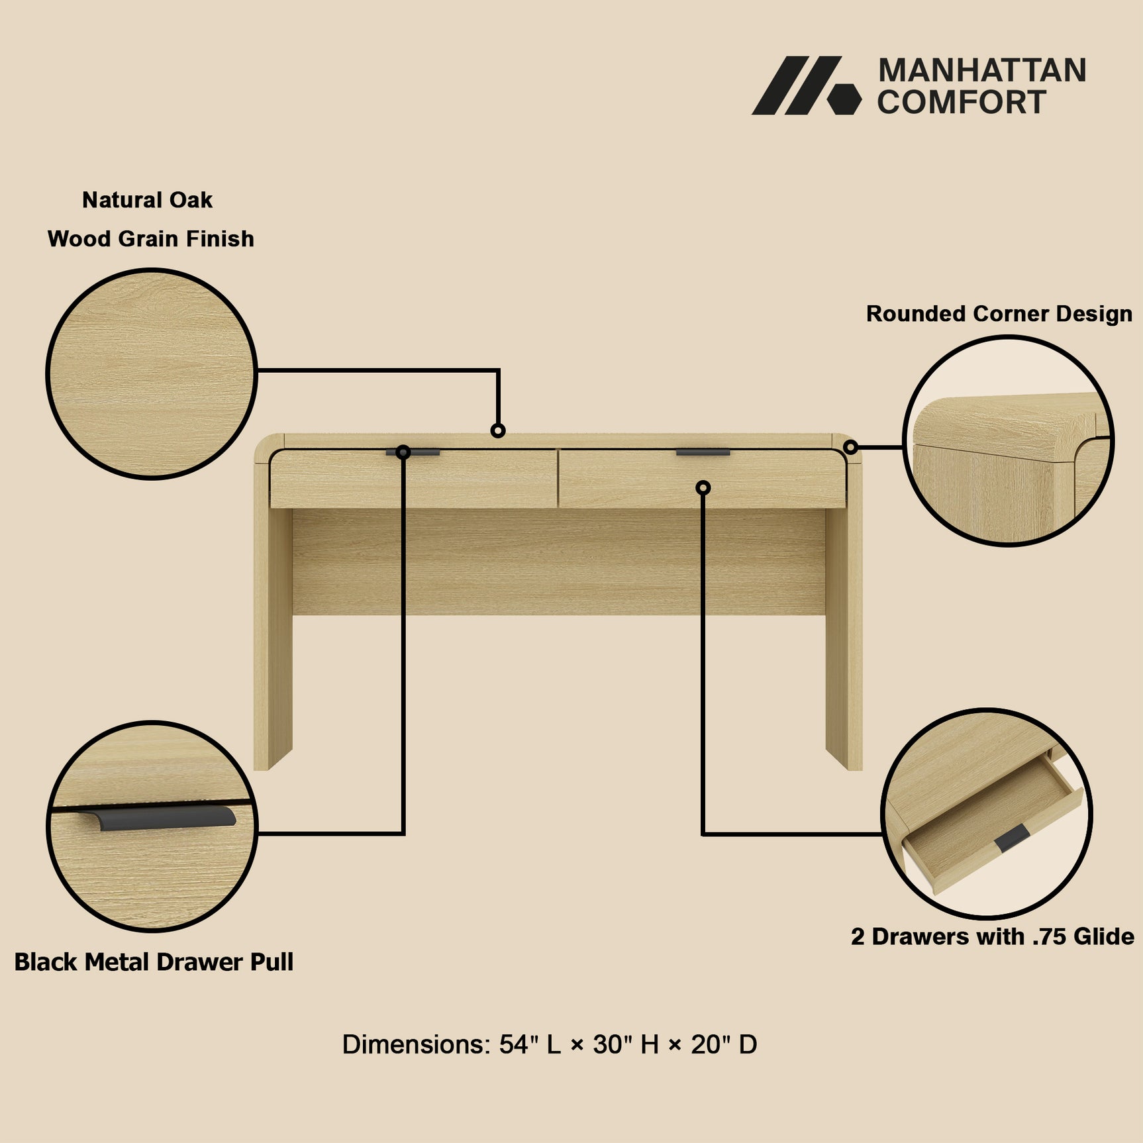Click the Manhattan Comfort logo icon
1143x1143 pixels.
click(806, 85)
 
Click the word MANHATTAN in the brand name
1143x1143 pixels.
click(981, 70)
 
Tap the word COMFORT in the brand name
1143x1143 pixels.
click(962, 102)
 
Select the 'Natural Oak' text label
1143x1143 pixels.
click(147, 200)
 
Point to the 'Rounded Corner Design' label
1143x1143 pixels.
click(999, 314)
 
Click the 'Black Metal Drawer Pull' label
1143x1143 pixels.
click(154, 962)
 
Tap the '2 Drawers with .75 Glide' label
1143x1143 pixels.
click(992, 936)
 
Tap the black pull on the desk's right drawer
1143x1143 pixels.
click(703, 452)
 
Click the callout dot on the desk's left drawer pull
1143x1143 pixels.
click(403, 452)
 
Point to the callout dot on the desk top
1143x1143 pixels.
click(498, 431)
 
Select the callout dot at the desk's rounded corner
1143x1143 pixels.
click(851, 448)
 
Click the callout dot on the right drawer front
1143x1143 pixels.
click(703, 488)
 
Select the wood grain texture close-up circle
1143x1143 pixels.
click(152, 374)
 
